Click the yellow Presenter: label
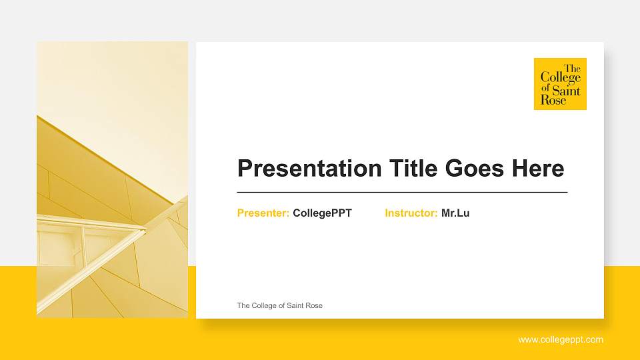coord(263,213)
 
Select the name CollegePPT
coord(322,213)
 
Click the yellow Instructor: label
coord(411,213)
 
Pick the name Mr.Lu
coord(455,213)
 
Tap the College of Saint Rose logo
coord(560,83)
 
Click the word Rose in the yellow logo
coord(553,100)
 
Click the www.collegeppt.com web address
coord(561,340)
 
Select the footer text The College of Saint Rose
coord(279,305)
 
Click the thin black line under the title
coord(402,192)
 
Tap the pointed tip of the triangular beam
coord(145,231)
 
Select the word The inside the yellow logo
coord(572,68)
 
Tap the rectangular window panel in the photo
coord(59,247)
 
